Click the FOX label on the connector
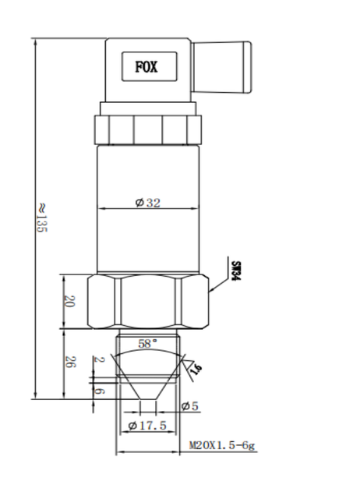point(146,67)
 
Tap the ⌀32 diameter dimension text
point(147,203)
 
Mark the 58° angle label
point(148,343)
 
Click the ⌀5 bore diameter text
point(189,406)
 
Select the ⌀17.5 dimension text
point(147,425)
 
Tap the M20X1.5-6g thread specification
point(223,446)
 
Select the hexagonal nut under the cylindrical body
point(148,301)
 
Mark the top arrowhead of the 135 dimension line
point(37,41)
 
